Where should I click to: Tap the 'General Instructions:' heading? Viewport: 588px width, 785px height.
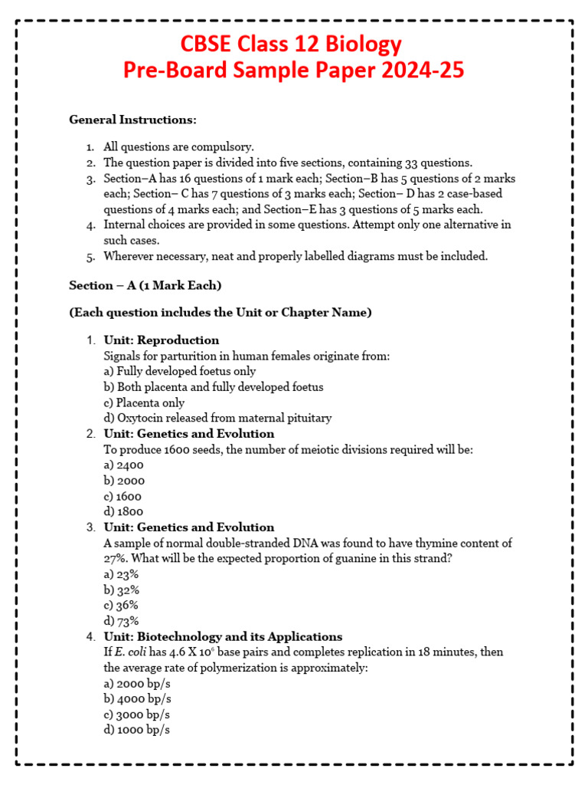[132, 120]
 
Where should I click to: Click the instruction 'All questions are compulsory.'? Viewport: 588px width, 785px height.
[178, 146]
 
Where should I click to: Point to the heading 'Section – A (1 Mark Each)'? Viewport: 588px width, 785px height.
[145, 285]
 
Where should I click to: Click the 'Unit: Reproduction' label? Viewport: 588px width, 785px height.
[162, 340]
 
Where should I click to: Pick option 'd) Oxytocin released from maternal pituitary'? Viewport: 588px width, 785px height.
[217, 418]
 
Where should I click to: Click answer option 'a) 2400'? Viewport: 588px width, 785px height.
[123, 465]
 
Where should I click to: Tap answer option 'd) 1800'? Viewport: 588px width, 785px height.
[123, 511]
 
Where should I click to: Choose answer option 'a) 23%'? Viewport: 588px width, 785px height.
[121, 574]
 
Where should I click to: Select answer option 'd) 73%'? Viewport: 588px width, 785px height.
[121, 621]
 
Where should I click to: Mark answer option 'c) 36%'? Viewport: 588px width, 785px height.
[121, 605]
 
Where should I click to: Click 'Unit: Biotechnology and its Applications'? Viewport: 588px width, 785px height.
[223, 637]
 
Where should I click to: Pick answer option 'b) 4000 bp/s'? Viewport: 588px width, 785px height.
[137, 699]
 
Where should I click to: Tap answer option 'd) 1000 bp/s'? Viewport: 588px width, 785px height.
[137, 730]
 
